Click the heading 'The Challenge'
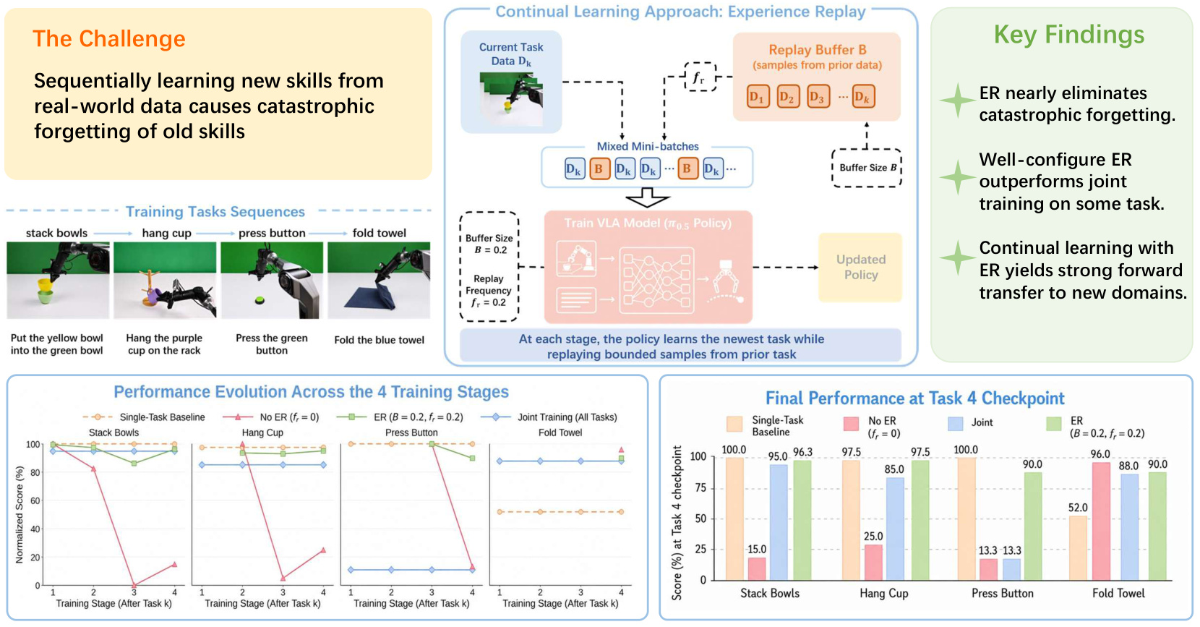pyautogui.click(x=108, y=39)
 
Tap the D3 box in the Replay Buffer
pyautogui.click(x=818, y=97)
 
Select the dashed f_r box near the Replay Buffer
pyautogui.click(x=700, y=77)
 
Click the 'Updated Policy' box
pyautogui.click(x=860, y=268)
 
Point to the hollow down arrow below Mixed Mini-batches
pyautogui.click(x=647, y=197)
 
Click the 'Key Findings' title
pyautogui.click(x=1069, y=35)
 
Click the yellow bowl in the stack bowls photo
pyautogui.click(x=45, y=284)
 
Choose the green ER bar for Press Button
pyautogui.click(x=1033, y=526)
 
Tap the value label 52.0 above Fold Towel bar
pyautogui.click(x=1077, y=508)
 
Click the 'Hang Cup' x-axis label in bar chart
pyautogui.click(x=884, y=593)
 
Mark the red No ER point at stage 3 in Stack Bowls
pyautogui.click(x=134, y=584)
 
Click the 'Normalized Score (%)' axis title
pyautogui.click(x=20, y=514)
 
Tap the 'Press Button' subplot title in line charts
pyautogui.click(x=411, y=432)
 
